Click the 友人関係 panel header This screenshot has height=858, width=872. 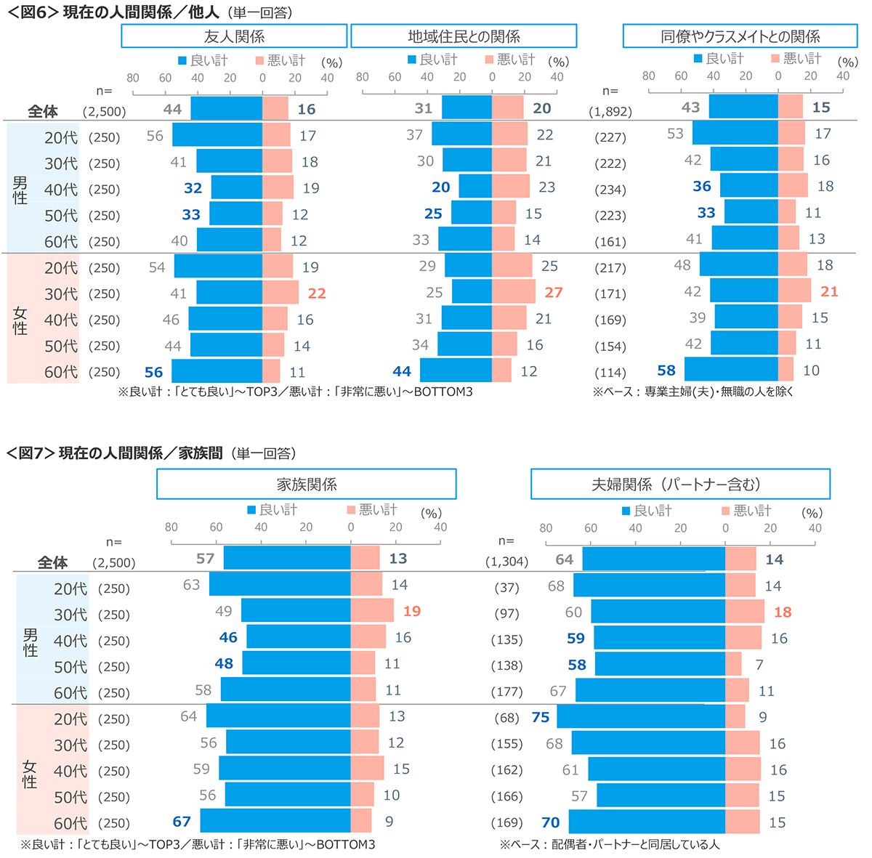pos(234,36)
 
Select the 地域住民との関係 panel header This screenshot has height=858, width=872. pos(464,36)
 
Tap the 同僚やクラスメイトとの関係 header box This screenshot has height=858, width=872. pos(740,36)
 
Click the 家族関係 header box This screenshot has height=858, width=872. pos(307,484)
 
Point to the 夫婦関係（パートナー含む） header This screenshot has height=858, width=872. pos(680,484)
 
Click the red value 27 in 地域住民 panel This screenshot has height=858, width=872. pos(554,292)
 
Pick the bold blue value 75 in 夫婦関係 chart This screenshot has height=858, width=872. pos(541,717)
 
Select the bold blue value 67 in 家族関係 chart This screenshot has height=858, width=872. pos(182,822)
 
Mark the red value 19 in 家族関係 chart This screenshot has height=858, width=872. pos(412,611)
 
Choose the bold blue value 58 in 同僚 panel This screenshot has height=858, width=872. pos(666,371)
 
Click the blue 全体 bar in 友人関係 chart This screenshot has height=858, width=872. pos(226,109)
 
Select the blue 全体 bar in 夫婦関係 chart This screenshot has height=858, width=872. pos(653,559)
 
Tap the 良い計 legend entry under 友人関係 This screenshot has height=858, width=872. pos(203,60)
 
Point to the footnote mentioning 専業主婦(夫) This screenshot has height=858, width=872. pos(692,392)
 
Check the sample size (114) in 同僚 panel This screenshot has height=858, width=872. pos(610,373)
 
